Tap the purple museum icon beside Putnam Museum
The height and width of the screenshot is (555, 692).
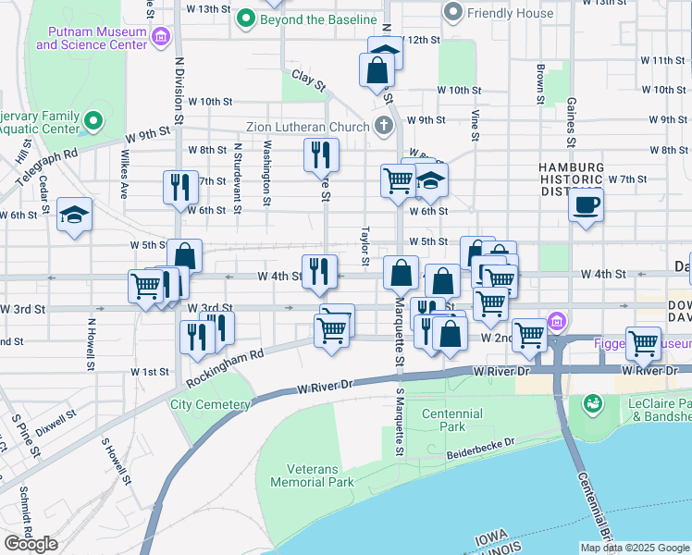[162, 37]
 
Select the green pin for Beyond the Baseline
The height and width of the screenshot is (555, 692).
[246, 18]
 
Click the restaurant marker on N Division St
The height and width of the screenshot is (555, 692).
[179, 186]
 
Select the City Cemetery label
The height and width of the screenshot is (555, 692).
[210, 404]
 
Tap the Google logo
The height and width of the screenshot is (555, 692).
[31, 543]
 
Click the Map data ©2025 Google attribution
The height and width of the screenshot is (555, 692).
[635, 548]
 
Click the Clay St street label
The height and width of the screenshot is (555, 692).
[309, 80]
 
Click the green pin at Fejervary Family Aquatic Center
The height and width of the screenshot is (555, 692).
[93, 121]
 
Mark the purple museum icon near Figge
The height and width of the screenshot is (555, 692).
[556, 323]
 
